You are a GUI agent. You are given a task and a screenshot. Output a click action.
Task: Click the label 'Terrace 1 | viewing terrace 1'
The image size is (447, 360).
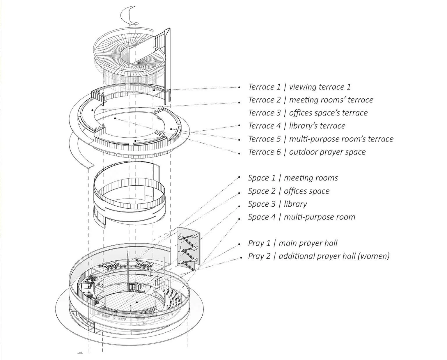(x=299, y=87)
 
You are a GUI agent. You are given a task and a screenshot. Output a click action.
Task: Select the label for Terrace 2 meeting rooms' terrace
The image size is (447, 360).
(x=311, y=100)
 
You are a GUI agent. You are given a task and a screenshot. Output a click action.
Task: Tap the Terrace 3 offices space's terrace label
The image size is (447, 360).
(x=308, y=113)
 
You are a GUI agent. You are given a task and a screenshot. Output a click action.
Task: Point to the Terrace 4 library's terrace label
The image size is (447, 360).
(x=297, y=126)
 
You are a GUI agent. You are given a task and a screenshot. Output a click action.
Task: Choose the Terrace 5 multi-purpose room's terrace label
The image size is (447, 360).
(x=321, y=139)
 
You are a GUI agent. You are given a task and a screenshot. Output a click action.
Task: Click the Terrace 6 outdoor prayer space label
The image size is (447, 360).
(x=307, y=152)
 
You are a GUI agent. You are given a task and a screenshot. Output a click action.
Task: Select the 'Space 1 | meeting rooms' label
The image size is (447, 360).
(x=293, y=178)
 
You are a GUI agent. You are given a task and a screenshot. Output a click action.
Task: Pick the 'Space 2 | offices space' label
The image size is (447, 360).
(x=288, y=191)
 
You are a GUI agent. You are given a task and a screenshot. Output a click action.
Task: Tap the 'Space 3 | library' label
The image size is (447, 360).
(x=277, y=204)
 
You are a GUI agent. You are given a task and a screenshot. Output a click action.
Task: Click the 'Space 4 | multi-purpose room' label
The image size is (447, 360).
(x=301, y=217)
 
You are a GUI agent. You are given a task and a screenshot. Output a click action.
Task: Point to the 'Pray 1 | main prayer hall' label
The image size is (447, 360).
(x=292, y=243)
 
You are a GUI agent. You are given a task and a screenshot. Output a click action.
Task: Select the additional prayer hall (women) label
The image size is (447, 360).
(x=319, y=256)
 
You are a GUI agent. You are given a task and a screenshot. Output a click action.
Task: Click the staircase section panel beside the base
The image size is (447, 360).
(x=189, y=249)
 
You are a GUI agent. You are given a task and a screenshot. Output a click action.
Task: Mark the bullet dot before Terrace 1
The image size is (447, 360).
(x=239, y=87)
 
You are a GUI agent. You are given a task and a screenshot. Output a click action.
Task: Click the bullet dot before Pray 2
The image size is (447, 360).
(x=241, y=257)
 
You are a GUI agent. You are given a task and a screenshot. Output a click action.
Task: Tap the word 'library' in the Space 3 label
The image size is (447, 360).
(x=295, y=204)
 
